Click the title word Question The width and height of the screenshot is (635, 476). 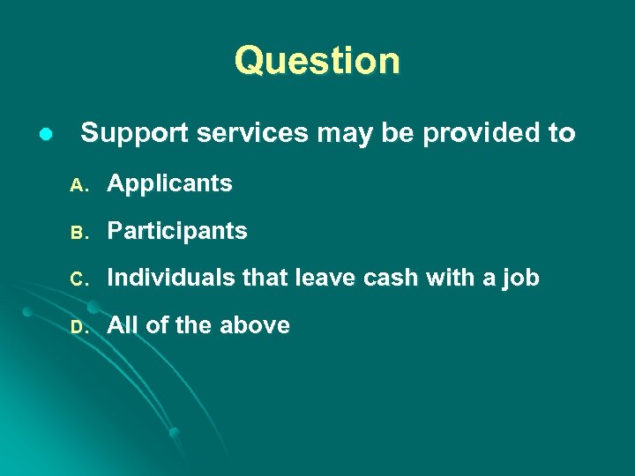click(317, 61)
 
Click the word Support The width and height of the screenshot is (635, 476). click(135, 134)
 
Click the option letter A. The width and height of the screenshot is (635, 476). click(77, 185)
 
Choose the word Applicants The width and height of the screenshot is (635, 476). click(169, 183)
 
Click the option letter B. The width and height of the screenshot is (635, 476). click(77, 233)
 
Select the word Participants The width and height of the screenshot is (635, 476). click(176, 231)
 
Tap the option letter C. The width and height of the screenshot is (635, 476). click(77, 279)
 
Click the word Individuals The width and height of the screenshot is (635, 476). click(170, 278)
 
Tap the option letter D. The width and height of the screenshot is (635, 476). click(77, 327)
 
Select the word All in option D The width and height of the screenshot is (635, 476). click(123, 325)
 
